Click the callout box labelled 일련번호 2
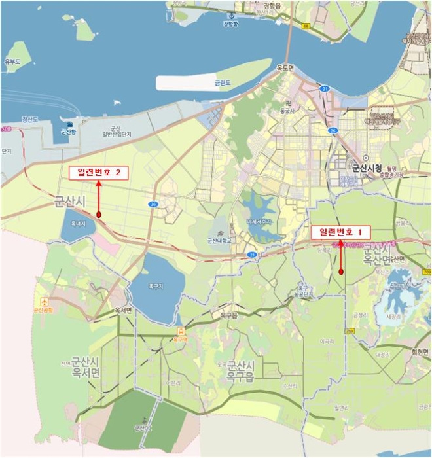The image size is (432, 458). tap(98, 173)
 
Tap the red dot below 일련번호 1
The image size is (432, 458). tap(342, 271)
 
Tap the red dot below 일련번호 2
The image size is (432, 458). tap(98, 215)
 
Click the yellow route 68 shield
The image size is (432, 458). tap(306, 26)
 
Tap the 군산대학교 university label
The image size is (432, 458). tap(219, 240)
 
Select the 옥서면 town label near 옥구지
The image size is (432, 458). tap(124, 311)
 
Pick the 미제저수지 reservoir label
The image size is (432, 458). tap(258, 222)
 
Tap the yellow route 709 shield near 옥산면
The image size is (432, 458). tap(427, 271)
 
